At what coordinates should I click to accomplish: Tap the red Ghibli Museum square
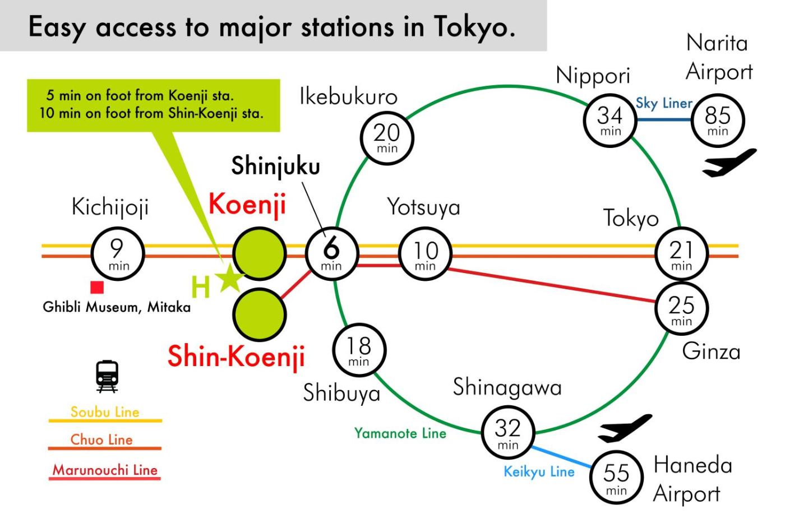(x=97, y=287)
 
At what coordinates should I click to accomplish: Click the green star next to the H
(x=229, y=278)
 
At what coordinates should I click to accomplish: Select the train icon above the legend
(x=107, y=376)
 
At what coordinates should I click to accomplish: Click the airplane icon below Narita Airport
(x=729, y=163)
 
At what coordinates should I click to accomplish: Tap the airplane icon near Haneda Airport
(x=625, y=428)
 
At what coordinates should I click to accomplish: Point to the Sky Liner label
(x=664, y=103)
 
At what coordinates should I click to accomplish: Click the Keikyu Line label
(x=539, y=472)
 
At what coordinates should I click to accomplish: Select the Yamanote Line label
(x=400, y=433)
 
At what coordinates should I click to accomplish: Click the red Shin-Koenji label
(x=236, y=357)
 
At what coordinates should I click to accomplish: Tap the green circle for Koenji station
(x=259, y=253)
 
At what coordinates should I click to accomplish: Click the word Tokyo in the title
(x=474, y=27)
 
